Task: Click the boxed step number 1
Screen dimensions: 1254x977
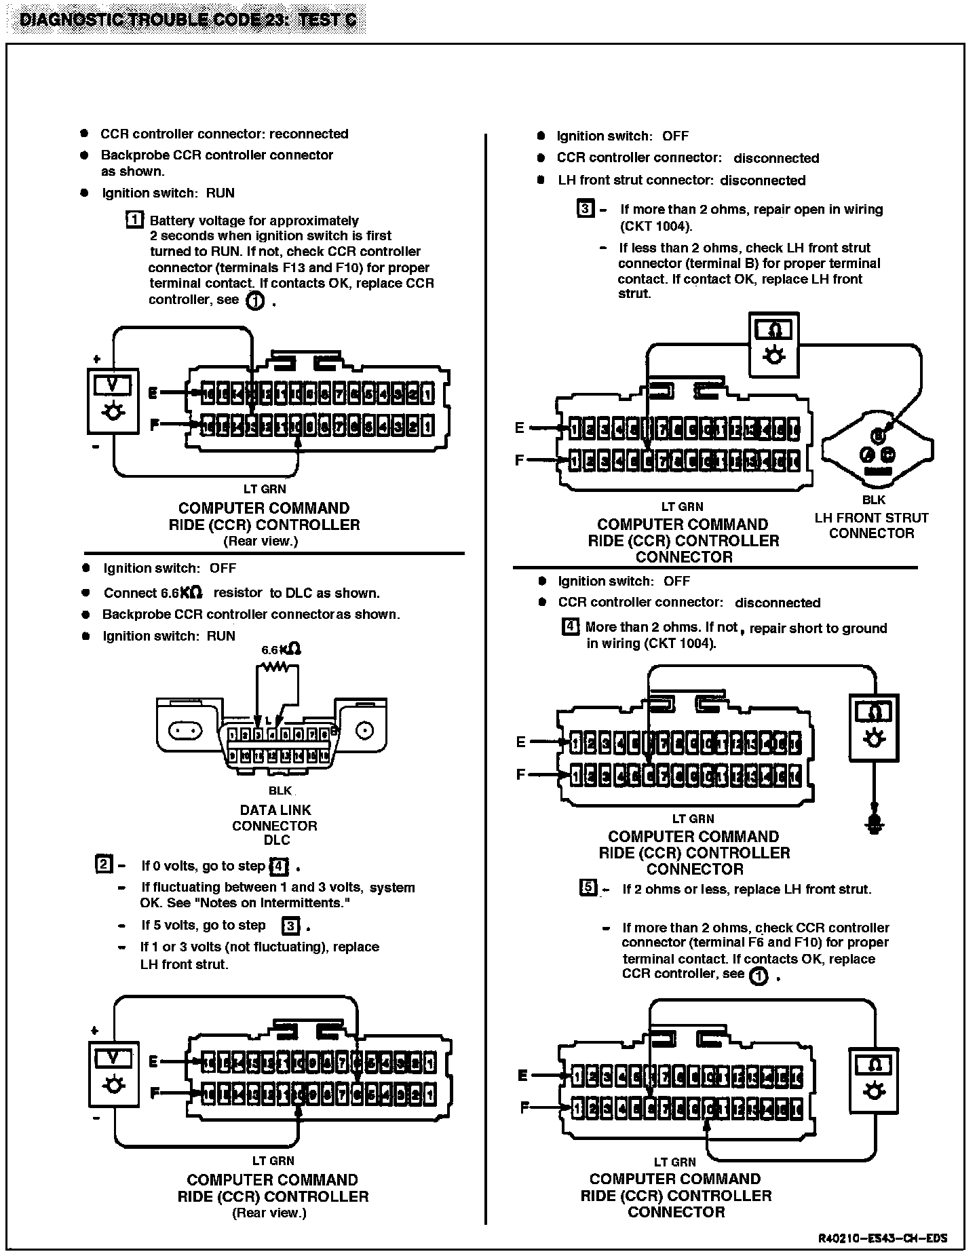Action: pos(135,220)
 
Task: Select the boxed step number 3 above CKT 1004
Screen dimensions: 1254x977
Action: pos(585,208)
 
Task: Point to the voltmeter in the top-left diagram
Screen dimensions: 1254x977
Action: pos(113,401)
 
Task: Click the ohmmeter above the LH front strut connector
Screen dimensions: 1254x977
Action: pos(774,344)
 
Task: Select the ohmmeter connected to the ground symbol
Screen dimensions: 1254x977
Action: pos(874,727)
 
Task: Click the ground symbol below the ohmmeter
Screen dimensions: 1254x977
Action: pos(875,824)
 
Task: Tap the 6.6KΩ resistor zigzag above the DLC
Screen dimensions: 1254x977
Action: pos(276,667)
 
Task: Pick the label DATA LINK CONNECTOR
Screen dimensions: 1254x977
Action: pos(275,818)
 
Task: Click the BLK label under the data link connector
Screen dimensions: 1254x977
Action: pos(280,791)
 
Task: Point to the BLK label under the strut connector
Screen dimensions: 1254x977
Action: pos(874,500)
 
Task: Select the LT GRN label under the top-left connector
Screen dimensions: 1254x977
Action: pos(265,489)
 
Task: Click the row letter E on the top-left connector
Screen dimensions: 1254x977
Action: pos(153,393)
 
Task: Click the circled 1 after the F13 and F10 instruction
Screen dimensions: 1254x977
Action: pos(254,301)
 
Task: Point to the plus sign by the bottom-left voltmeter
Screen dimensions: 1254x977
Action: pos(94,1031)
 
